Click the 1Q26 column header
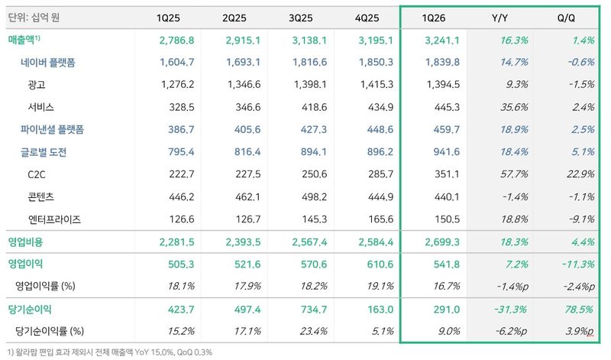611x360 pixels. pyautogui.click(x=433, y=18)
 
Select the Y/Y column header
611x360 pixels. pyautogui.click(x=499, y=18)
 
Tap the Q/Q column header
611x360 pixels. pyautogui.click(x=566, y=18)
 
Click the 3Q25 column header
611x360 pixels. pyautogui.click(x=300, y=18)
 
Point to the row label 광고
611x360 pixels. pyautogui.click(x=37, y=85)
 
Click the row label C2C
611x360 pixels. pyautogui.click(x=37, y=174)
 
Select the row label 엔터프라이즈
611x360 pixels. pyautogui.click(x=54, y=219)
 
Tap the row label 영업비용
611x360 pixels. pyautogui.click(x=26, y=242)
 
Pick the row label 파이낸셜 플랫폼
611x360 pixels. pyautogui.click(x=52, y=129)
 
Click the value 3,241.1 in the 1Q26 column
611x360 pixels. pyautogui.click(x=442, y=41)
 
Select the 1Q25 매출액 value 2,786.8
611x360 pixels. pyautogui.click(x=176, y=41)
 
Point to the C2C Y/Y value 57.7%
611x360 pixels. pyautogui.click(x=514, y=174)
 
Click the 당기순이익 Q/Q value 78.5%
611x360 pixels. pyautogui.click(x=580, y=310)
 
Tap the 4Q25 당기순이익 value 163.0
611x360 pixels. pyautogui.click(x=380, y=310)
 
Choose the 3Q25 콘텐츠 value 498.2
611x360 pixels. pyautogui.click(x=314, y=197)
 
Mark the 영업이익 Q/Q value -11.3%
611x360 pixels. pyautogui.click(x=578, y=264)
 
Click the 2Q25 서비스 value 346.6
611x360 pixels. pyautogui.click(x=247, y=107)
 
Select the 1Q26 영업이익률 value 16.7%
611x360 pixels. pyautogui.click(x=447, y=287)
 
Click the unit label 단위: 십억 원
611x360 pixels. pyautogui.click(x=34, y=18)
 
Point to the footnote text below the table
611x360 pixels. pyautogui.click(x=110, y=352)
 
